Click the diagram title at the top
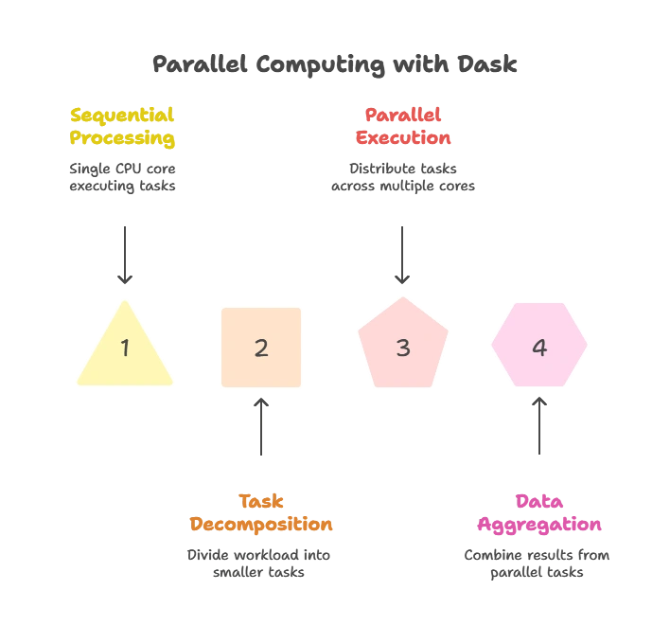335,65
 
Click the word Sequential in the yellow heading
122,116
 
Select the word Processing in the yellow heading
122,138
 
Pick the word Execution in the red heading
404,138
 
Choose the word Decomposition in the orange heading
261,524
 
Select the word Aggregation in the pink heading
540,524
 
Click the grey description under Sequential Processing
124,177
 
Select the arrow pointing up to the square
261,430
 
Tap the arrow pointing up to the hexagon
540,426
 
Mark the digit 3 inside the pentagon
403,348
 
